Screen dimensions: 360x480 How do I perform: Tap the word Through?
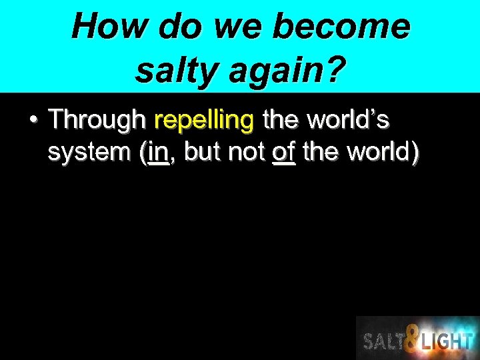pyautogui.click(x=97, y=120)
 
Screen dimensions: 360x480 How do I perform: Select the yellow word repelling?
pyautogui.click(x=204, y=121)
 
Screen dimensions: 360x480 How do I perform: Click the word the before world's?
pyautogui.click(x=282, y=120)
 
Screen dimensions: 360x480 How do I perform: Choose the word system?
pyautogui.click(x=90, y=153)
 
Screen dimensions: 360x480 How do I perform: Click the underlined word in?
pyautogui.click(x=158, y=153)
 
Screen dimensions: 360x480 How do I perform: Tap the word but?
pyautogui.click(x=202, y=153)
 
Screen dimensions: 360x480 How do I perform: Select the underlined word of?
pyautogui.click(x=284, y=153)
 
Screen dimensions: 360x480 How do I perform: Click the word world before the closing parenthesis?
pyautogui.click(x=379, y=153)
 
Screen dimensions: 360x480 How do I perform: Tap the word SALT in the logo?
pyautogui.click(x=383, y=342)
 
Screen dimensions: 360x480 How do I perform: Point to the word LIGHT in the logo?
pyautogui.click(x=447, y=342)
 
